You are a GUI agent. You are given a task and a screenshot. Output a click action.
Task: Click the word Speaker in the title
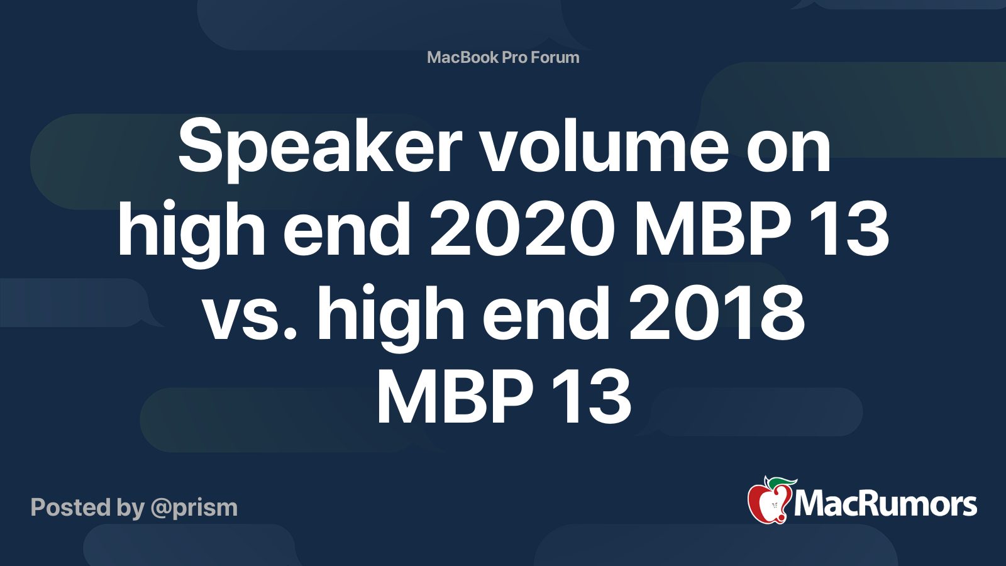(x=320, y=148)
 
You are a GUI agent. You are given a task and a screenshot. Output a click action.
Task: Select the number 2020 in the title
(x=522, y=228)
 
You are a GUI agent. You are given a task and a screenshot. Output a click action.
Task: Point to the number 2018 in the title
(x=717, y=312)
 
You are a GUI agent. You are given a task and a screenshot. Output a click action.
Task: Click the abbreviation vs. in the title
(x=249, y=318)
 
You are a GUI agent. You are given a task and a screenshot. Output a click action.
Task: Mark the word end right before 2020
(x=346, y=229)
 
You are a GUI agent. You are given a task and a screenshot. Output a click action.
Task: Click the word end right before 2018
(x=546, y=313)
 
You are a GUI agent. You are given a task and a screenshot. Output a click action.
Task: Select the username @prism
(x=194, y=509)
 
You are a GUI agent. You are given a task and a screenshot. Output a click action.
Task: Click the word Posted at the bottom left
(x=70, y=507)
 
